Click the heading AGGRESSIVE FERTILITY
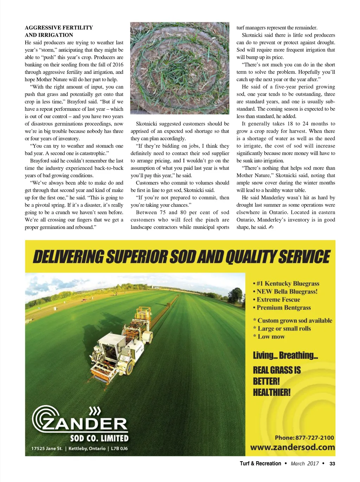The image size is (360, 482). tap(59, 28)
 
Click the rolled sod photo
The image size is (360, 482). tap(180, 68)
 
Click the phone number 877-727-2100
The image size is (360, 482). tap(315, 438)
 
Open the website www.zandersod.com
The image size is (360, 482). tap(292, 448)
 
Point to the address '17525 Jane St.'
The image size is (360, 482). tap(47, 449)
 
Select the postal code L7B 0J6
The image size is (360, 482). tap(119, 449)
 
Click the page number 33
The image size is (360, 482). tap(332, 464)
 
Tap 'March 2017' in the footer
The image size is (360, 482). tap(304, 464)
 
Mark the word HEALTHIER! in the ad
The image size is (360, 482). tap(272, 392)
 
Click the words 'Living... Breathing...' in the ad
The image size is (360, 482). tap(285, 355)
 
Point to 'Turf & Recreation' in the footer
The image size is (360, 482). tap(261, 464)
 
